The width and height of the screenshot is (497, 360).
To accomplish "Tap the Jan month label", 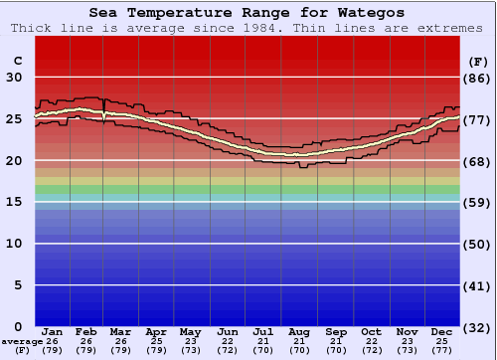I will click(x=53, y=331).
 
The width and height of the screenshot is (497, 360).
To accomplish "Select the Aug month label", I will click(x=299, y=331).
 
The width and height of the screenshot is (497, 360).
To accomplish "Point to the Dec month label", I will click(x=442, y=331).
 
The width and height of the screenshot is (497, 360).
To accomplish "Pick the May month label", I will click(x=190, y=331).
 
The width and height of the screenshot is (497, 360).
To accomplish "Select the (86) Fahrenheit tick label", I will click(x=477, y=78).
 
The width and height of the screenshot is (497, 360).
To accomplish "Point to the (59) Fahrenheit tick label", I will click(x=477, y=202).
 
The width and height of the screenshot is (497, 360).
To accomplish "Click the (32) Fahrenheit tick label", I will click(x=477, y=327).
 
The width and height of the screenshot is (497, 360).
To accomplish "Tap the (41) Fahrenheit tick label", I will click(x=477, y=285).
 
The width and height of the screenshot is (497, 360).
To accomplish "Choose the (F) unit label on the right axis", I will click(x=477, y=61).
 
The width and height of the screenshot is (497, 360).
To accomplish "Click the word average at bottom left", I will click(x=22, y=341).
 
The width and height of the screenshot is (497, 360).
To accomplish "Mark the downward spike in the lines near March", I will click(x=104, y=118).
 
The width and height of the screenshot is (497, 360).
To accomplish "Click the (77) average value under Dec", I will click(x=442, y=350).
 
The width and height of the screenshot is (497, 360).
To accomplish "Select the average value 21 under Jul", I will click(x=263, y=341).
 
